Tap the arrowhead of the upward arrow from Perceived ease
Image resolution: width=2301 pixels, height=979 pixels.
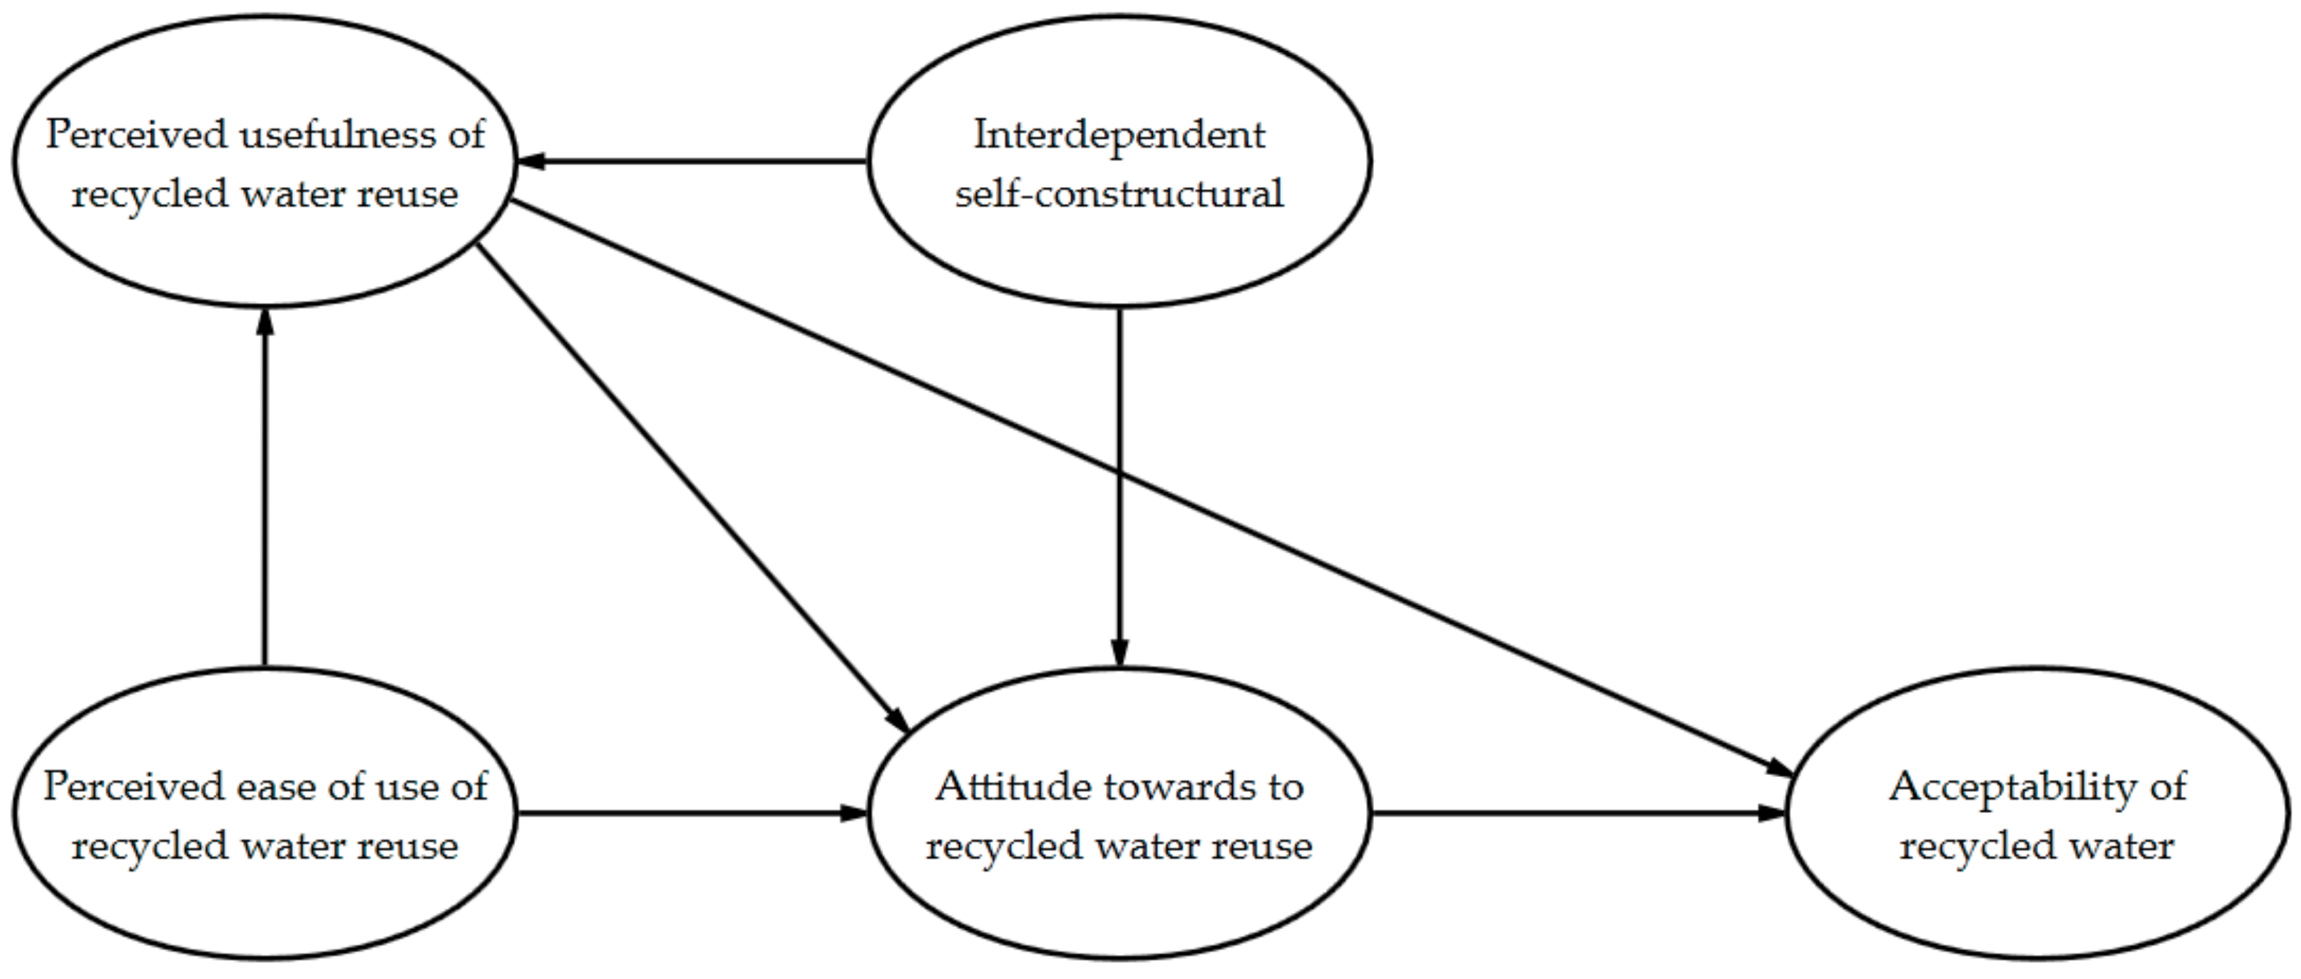[x=265, y=321]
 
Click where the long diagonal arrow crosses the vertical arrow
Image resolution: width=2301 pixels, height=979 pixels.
[x=1119, y=475]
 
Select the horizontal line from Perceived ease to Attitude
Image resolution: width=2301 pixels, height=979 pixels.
[x=679, y=813]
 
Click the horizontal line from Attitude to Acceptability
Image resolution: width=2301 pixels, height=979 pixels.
[x=1563, y=813]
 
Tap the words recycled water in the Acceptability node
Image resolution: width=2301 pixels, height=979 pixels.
[x=2036, y=846]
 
